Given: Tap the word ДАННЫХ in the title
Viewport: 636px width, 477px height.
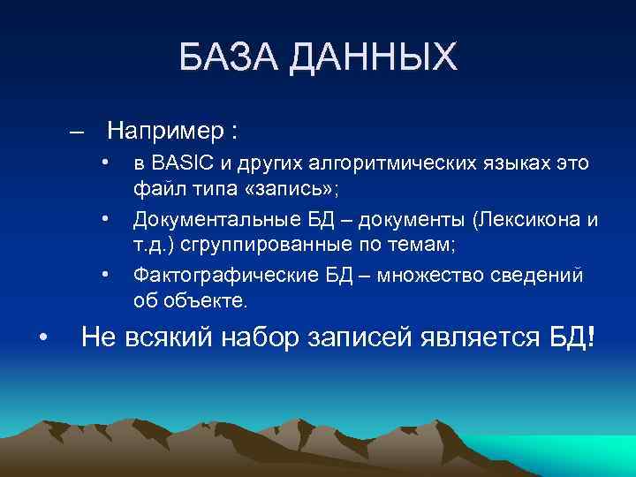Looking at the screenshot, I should click(375, 58).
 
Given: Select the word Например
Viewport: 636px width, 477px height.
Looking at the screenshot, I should click(166, 132).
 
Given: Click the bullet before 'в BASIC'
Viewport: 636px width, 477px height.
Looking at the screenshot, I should click(104, 163).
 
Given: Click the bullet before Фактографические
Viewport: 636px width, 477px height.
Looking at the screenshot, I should click(104, 274).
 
